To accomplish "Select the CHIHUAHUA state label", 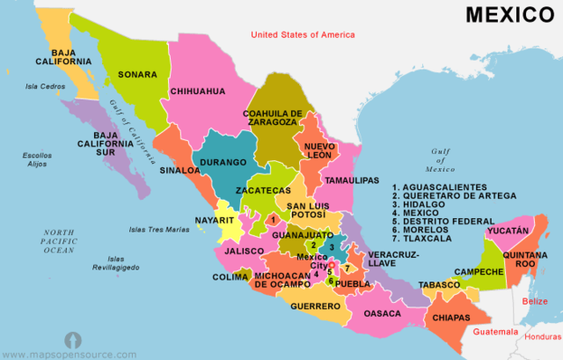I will point(198,91).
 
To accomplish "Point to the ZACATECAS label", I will point(263,190).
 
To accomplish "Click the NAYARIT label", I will point(215,220).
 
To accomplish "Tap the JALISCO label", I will point(244,251).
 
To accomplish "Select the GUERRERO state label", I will point(316,306).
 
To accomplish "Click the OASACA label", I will point(381,313).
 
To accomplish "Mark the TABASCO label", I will point(439,285).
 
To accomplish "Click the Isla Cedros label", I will point(46,86).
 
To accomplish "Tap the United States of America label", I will point(303,35).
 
